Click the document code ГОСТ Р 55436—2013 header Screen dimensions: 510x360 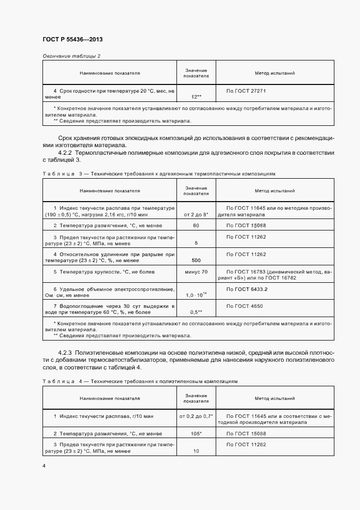pos(72,40)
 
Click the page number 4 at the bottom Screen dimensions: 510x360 pos(44,466)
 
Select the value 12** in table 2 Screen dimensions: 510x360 pos(196,96)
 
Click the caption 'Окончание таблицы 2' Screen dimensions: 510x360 pos(71,56)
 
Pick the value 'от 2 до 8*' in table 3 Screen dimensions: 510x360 pos(196,215)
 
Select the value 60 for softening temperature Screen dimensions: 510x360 pos(196,225)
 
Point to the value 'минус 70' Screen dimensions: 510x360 pos(196,271)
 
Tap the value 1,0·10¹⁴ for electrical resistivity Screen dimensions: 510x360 pos(196,295)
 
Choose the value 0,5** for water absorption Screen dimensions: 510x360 pos(196,312)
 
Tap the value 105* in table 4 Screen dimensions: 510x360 pos(196,434)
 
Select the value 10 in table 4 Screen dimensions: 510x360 pos(196,451)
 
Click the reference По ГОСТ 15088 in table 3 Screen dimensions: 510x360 pos(246,225)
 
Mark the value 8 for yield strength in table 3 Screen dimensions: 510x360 pos(196,243)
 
